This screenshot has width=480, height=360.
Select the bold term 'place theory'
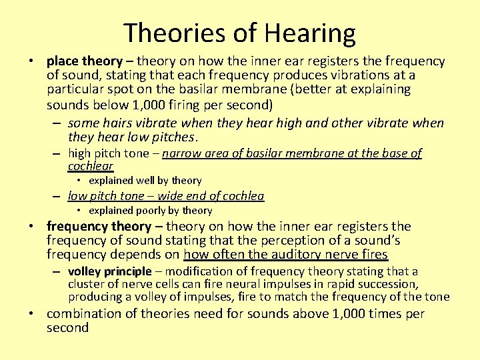[x=84, y=61]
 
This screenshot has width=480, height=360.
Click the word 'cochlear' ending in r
[x=90, y=166]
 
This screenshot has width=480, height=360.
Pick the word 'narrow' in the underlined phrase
[x=181, y=153]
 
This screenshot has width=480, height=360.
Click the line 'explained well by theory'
[x=145, y=181]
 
